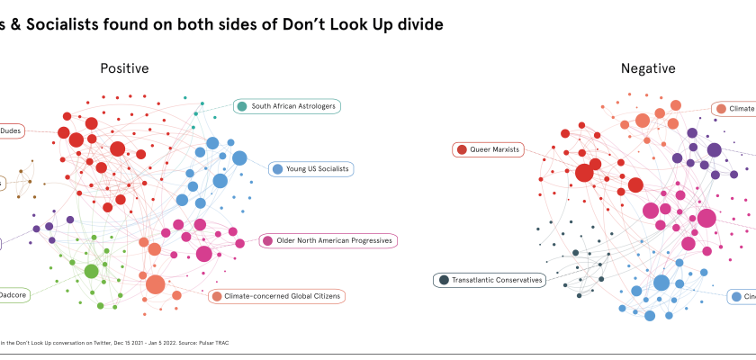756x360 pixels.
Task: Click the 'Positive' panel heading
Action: coord(124,68)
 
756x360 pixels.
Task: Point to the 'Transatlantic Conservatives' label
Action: coord(498,280)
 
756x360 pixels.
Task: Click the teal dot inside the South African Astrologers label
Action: coord(242,106)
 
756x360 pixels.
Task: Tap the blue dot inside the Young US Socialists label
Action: coord(278,168)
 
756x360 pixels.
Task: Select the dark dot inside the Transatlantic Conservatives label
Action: coord(443,280)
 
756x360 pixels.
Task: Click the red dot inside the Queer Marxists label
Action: coord(462,149)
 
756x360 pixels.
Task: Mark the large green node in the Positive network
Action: coord(91,271)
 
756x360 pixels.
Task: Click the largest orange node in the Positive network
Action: coord(156,284)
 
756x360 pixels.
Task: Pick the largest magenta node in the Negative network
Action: coord(706,217)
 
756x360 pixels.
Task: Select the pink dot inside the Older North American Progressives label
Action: coord(268,240)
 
